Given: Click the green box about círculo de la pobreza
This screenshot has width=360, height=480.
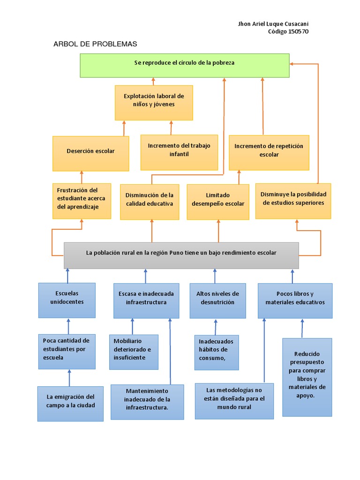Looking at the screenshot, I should click(x=184, y=65).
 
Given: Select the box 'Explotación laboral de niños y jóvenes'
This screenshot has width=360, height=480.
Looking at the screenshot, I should click(x=154, y=103).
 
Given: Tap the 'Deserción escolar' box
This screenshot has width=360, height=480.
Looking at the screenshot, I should click(x=90, y=153).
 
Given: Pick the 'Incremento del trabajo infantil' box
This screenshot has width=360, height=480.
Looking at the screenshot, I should click(x=179, y=152).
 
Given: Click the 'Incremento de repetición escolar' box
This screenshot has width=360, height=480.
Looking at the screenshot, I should click(x=269, y=152).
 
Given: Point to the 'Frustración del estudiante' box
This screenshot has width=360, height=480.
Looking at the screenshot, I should click(x=82, y=201).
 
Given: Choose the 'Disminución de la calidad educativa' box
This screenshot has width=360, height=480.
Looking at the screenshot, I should click(x=150, y=202).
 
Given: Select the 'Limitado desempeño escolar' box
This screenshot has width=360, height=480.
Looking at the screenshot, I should click(x=218, y=202).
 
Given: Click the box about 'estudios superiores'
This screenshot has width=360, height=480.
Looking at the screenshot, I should click(x=293, y=201).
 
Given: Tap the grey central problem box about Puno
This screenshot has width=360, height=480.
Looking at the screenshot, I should click(x=181, y=255).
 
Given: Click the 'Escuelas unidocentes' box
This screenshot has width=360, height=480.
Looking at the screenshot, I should click(x=67, y=300).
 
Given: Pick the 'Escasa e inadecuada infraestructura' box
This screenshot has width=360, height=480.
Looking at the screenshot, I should click(x=146, y=300).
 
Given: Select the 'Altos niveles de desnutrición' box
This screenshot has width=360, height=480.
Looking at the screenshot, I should click(x=217, y=300).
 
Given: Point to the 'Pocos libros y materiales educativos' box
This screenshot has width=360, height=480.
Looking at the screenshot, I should click(x=295, y=300).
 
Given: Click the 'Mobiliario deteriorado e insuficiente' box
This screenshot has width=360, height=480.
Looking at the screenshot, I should click(x=134, y=352).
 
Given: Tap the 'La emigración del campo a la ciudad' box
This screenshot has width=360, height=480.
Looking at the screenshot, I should click(x=70, y=404).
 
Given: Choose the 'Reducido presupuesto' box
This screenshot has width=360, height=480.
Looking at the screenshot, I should click(x=307, y=377).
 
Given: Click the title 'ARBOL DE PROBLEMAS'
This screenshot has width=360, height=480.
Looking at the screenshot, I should click(x=95, y=44).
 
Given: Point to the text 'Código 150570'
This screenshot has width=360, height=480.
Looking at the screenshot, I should click(x=288, y=31).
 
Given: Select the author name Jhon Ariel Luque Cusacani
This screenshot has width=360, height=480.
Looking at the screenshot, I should click(x=273, y=24).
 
